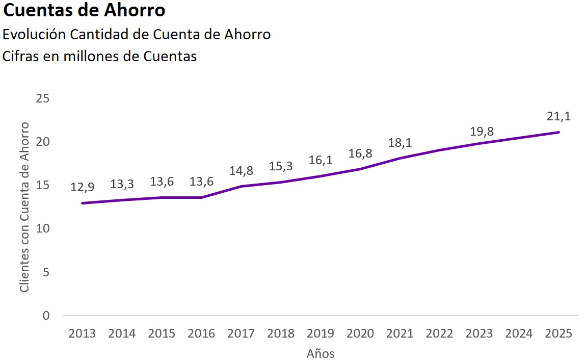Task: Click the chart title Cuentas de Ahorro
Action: (84, 10)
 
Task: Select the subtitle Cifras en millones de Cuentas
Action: (100, 56)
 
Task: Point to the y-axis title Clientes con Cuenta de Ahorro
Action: (24, 207)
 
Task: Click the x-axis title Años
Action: (320, 353)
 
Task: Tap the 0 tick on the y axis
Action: (46, 316)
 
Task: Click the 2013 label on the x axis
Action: (82, 333)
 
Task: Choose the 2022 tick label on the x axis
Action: (440, 333)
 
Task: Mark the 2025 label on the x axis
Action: (559, 333)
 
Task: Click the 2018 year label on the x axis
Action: (281, 333)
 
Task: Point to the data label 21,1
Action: (559, 116)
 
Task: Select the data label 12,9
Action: (82, 187)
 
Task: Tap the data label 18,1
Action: (400, 142)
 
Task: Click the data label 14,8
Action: (241, 171)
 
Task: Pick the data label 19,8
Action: (479, 132)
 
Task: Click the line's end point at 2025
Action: (559, 132)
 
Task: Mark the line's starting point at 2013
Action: (82, 203)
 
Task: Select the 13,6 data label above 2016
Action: (201, 181)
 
